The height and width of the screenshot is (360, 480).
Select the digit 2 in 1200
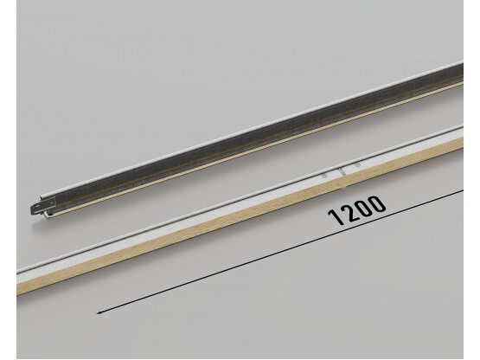click(348, 215)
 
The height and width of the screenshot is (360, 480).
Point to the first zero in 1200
click(362, 209)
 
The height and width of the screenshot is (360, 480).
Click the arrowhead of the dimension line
click(99, 307)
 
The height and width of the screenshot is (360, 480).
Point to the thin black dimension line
click(259, 251)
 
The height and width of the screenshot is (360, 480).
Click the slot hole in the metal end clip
click(35, 208)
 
